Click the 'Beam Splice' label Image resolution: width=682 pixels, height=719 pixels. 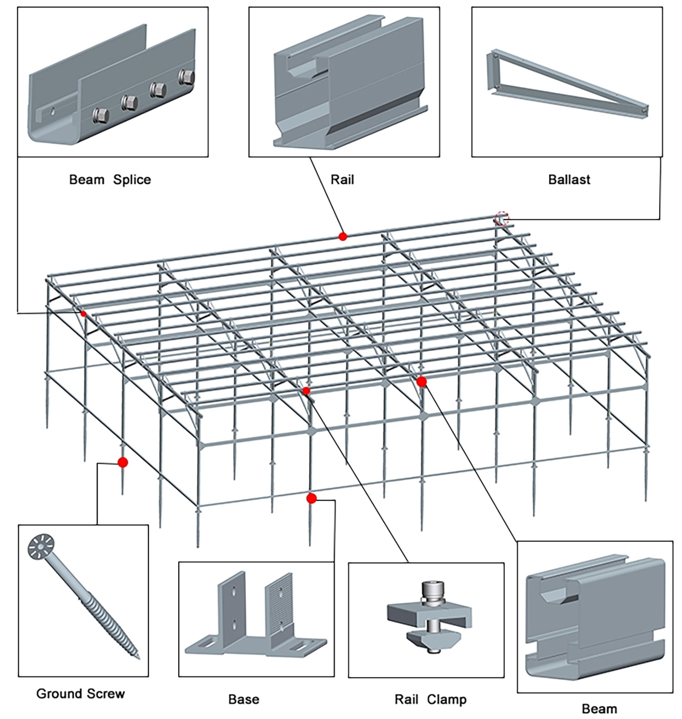110,179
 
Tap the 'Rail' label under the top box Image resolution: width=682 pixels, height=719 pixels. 342,179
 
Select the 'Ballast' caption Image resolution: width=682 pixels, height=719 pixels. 569,179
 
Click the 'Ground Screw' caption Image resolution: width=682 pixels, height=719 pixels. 80,694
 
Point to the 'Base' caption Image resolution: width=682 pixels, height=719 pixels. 244,699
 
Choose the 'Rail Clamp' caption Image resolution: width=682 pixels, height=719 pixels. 430,699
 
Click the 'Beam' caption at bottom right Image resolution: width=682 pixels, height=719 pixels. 599,708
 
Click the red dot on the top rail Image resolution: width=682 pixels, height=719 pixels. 343,236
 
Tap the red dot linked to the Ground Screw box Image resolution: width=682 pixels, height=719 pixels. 122,463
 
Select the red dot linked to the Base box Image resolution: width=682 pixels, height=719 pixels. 311,498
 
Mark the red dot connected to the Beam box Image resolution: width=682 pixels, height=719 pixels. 421,382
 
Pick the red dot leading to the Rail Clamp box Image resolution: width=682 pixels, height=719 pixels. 306,391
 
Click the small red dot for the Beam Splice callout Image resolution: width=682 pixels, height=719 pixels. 83,314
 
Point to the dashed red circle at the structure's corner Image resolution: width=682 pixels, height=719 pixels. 501,218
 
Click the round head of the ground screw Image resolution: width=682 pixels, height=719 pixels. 41,546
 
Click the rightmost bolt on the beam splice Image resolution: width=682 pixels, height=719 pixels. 186,76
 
